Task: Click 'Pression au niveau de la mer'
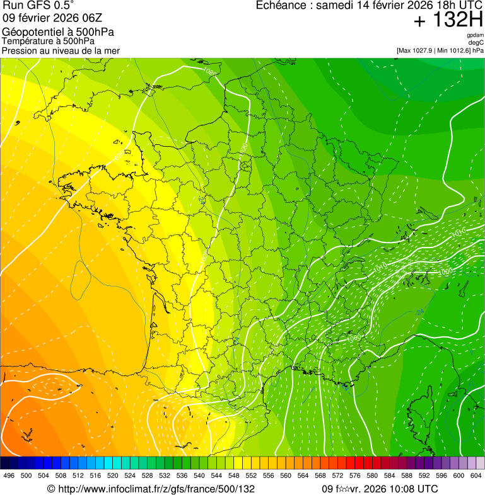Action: [x=61, y=50]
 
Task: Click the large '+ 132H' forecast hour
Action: [x=448, y=21]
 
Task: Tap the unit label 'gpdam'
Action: [x=475, y=35]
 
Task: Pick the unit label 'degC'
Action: [x=476, y=42]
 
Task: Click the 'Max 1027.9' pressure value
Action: [x=418, y=50]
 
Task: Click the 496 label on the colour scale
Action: [x=9, y=475]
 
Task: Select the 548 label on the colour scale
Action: [x=234, y=475]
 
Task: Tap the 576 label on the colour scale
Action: [x=355, y=475]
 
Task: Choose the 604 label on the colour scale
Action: [x=476, y=475]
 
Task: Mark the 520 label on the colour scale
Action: [x=113, y=475]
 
